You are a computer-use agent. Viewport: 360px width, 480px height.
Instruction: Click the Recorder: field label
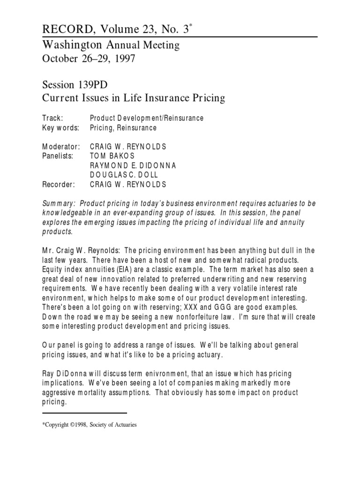(x=59, y=184)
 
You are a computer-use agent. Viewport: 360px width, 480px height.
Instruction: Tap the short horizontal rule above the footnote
(x=85, y=413)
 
